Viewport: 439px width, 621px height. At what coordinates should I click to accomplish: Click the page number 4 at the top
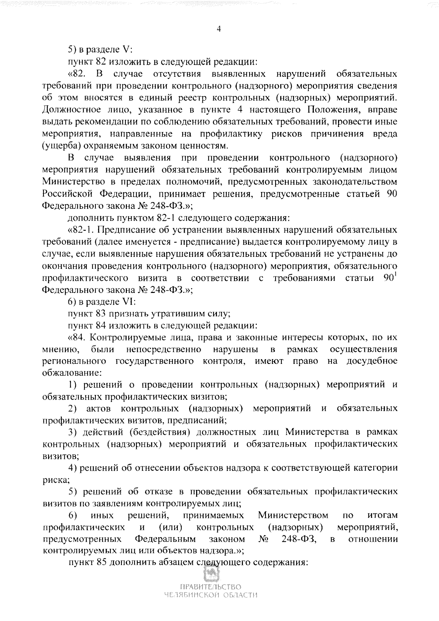tap(219, 30)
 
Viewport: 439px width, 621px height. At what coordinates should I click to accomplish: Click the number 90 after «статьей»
tap(392, 194)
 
